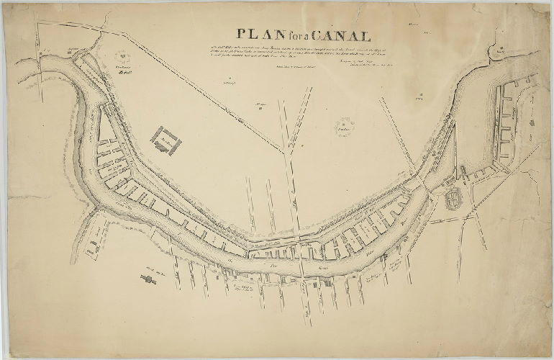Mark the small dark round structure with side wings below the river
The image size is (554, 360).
(x=150, y=282)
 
